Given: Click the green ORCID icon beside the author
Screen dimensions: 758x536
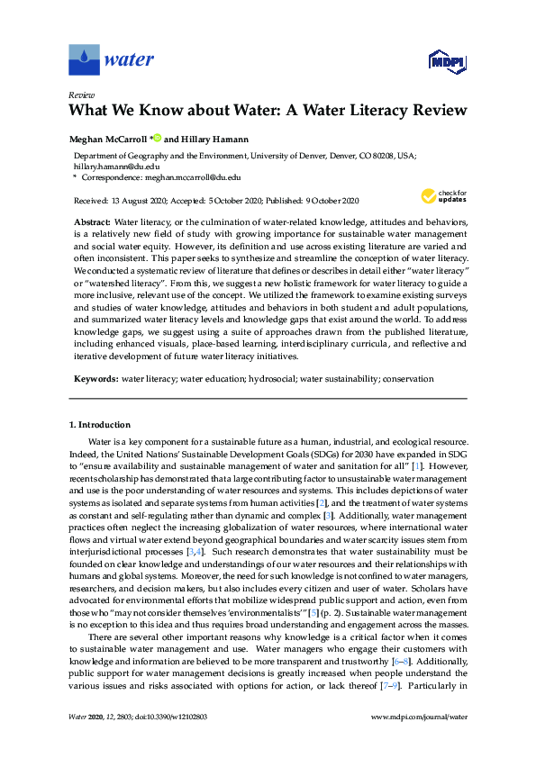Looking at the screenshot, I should [x=157, y=138].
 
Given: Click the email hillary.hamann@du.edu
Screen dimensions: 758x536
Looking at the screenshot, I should [x=104, y=167].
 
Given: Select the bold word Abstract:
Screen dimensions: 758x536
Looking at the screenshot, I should [x=91, y=221].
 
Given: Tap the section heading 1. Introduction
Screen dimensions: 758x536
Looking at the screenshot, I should [x=100, y=424].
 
